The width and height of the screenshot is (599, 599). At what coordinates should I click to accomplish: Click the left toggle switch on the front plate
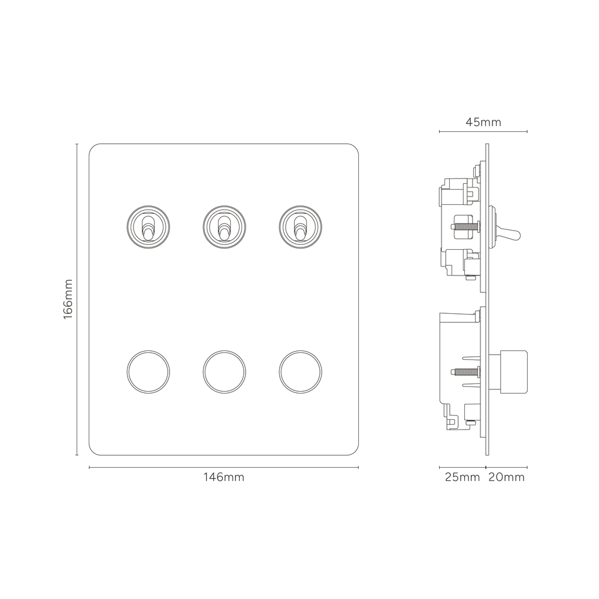pyautogui.click(x=146, y=226)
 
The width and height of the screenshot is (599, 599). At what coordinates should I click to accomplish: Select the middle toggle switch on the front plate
pyautogui.click(x=223, y=226)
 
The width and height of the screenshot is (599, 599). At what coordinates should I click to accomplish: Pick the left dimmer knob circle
pyautogui.click(x=146, y=370)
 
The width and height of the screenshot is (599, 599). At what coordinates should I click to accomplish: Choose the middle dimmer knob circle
pyautogui.click(x=223, y=370)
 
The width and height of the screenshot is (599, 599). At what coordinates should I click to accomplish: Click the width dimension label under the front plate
pyautogui.click(x=223, y=477)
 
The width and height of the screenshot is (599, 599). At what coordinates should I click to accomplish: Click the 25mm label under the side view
pyautogui.click(x=461, y=477)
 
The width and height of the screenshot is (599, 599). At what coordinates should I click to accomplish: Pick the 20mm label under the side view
pyautogui.click(x=507, y=477)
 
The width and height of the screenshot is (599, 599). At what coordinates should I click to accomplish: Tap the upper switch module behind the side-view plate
pyautogui.click(x=461, y=228)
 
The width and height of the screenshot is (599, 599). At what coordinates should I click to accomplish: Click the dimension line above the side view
pyautogui.click(x=455, y=130)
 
